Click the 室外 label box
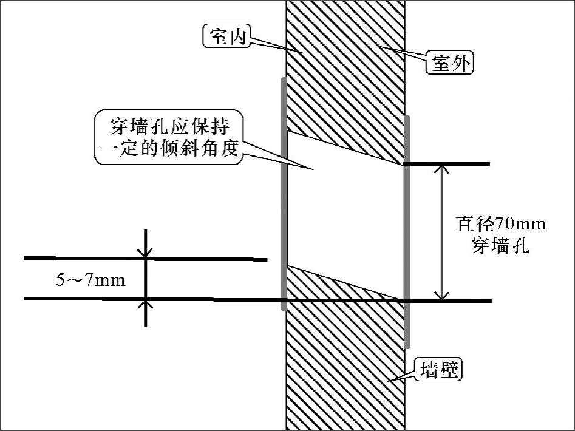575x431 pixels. click(x=451, y=63)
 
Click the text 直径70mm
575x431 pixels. click(x=500, y=225)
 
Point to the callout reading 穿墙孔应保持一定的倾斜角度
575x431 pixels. click(x=169, y=138)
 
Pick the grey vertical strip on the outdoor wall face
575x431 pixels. click(x=407, y=231)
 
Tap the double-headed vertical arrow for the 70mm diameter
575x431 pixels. click(x=442, y=232)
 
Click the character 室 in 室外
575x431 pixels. click(x=441, y=63)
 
